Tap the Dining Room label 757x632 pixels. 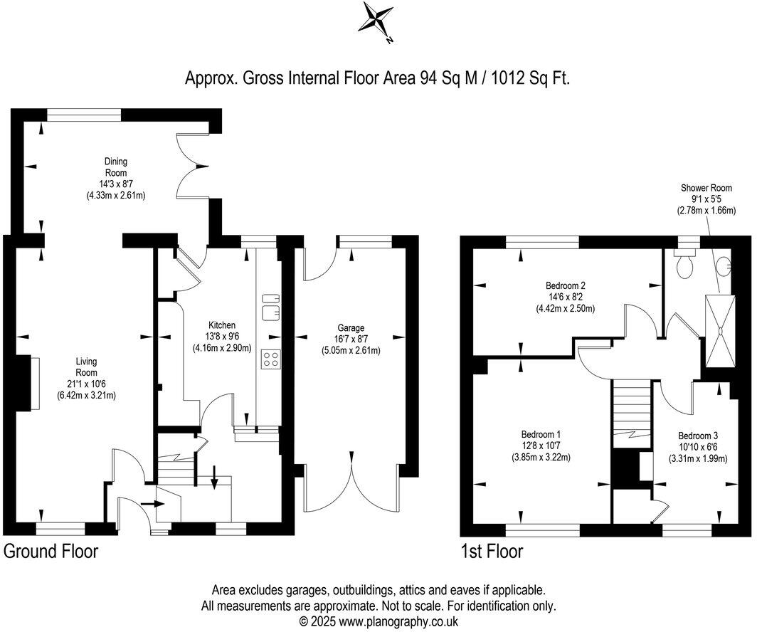click(x=116, y=167)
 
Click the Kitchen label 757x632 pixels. click(x=222, y=325)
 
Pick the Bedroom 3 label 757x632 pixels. click(x=697, y=436)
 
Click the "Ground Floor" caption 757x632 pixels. click(x=51, y=552)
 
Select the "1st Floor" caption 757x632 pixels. click(x=492, y=552)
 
